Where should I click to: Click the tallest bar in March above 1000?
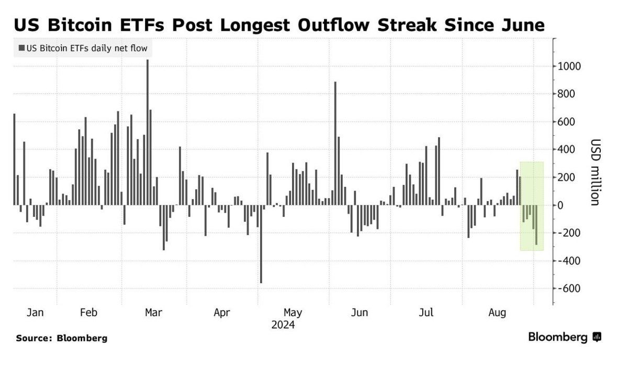147,131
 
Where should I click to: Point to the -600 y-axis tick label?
569,289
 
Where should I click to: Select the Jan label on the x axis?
35,313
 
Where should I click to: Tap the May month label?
293,313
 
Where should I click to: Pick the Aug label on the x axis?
497,313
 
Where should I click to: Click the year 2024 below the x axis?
283,325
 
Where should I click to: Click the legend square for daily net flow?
21,49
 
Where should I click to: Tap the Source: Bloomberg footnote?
61,338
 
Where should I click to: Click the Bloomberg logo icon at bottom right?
597,337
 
